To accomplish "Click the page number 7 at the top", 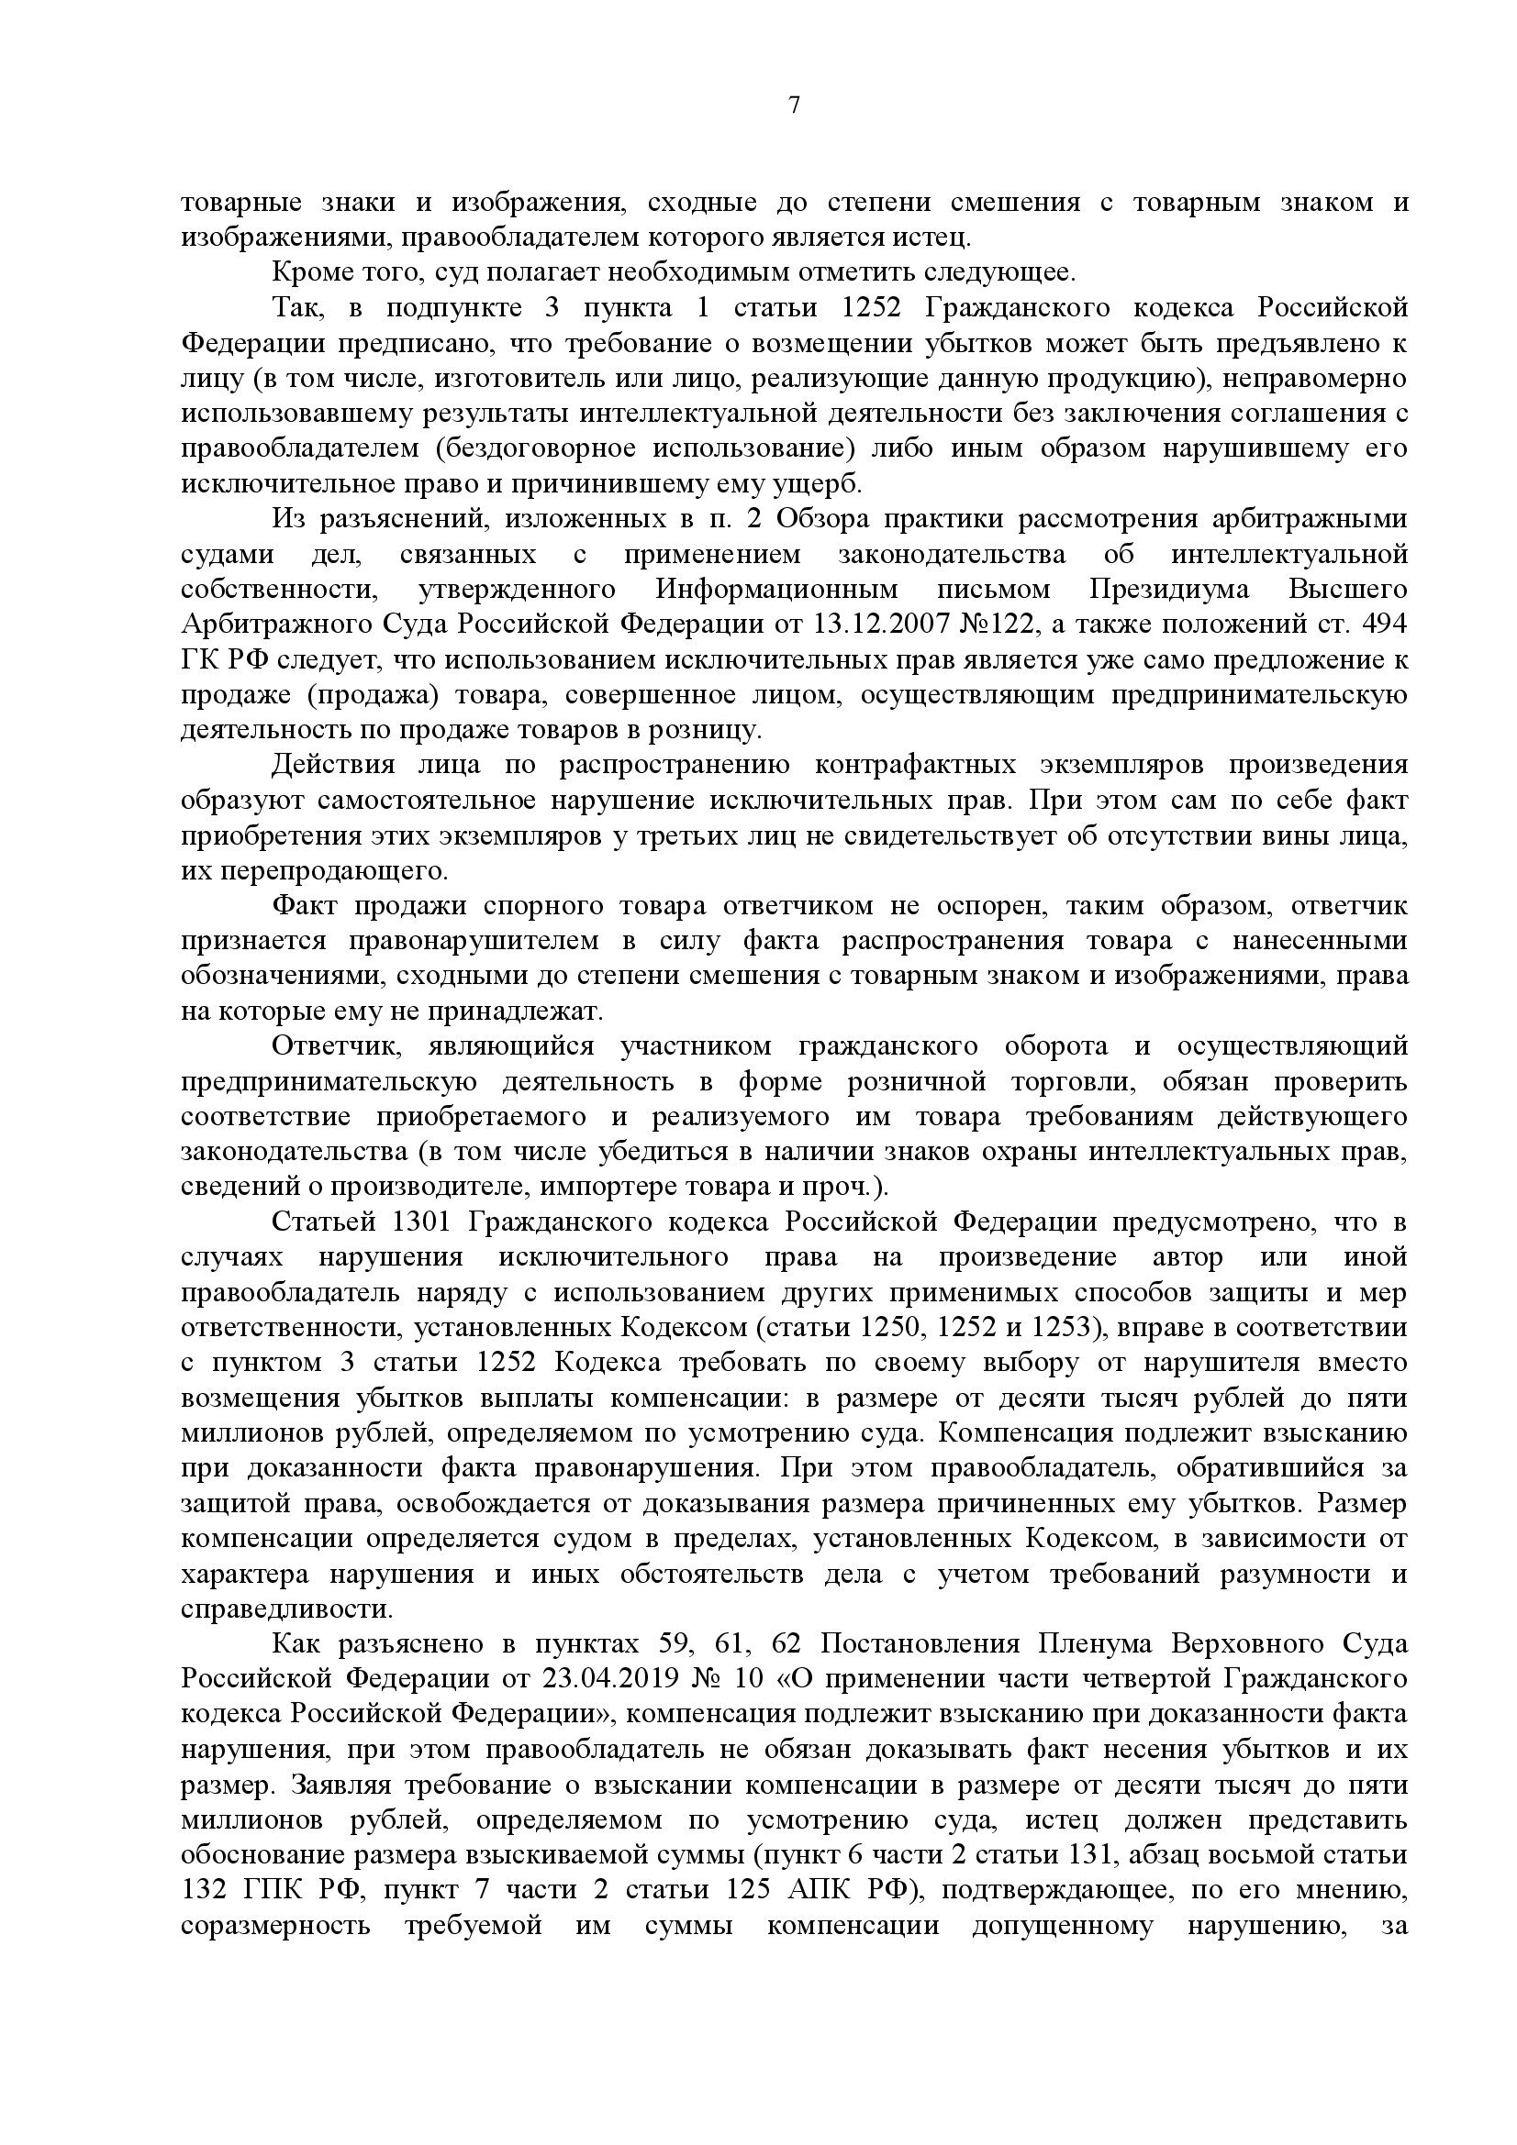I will click(x=795, y=105).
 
